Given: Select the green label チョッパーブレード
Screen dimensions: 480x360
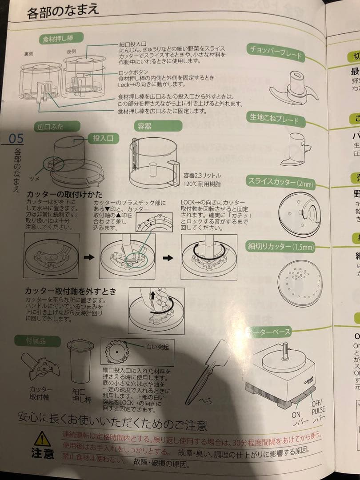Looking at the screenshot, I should (x=276, y=52).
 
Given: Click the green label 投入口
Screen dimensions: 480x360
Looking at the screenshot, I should (x=103, y=138).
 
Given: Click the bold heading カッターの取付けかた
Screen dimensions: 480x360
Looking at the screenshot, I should (x=64, y=195).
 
